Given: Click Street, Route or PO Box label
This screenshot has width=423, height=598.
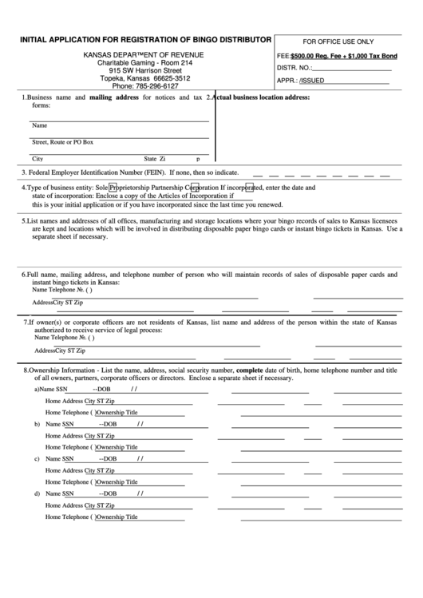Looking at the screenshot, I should pyautogui.click(x=62, y=142).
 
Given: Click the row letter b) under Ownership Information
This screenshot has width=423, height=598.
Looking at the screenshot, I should pyautogui.click(x=37, y=424).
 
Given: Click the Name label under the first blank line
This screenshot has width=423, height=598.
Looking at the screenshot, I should pyautogui.click(x=38, y=125).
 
